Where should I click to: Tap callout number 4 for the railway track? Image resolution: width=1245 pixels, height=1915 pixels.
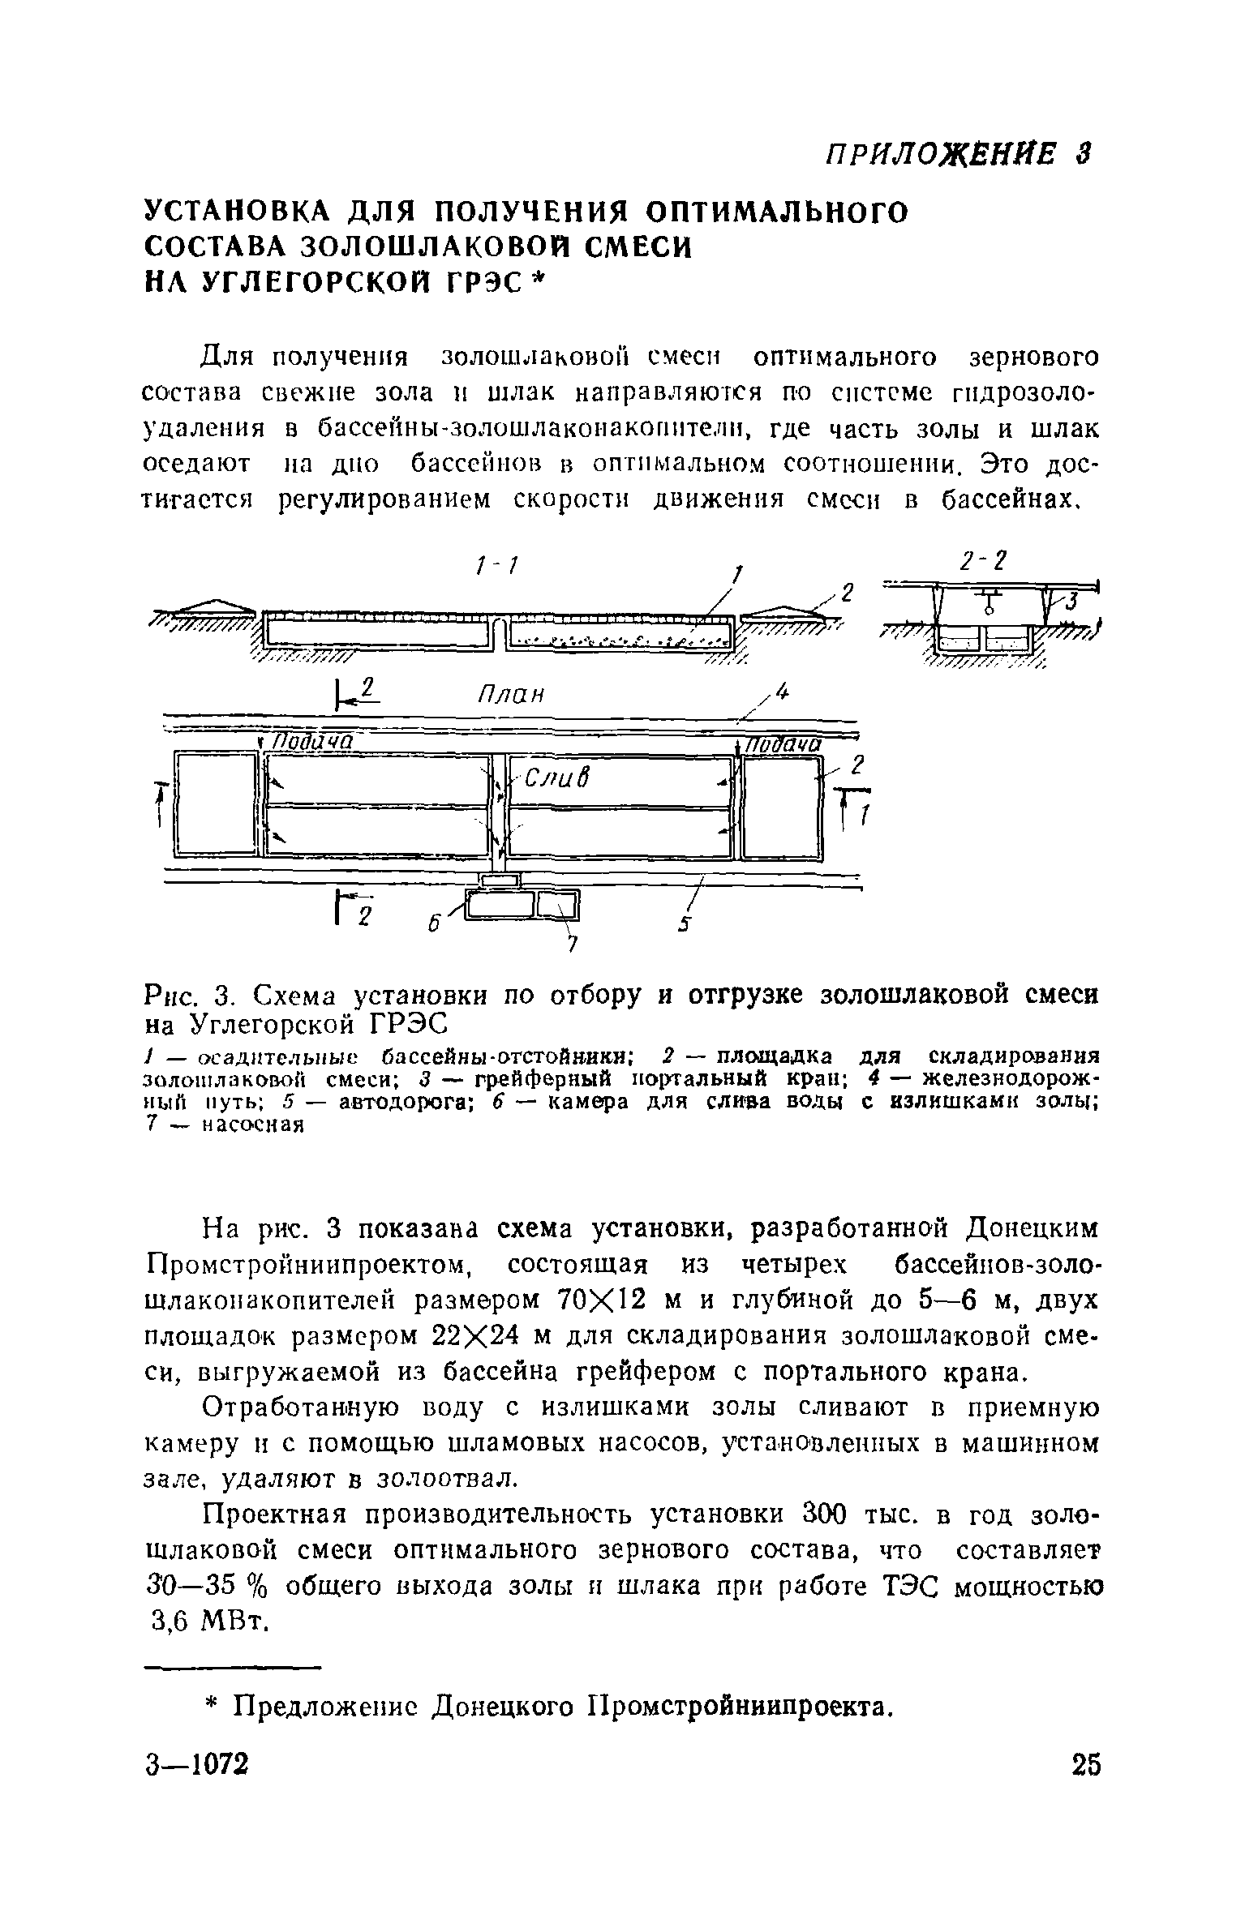(781, 692)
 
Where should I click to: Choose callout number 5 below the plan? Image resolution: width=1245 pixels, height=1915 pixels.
(684, 924)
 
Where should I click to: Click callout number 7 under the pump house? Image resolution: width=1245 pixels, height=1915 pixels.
(573, 944)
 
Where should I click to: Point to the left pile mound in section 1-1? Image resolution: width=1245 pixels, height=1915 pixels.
(211, 606)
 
